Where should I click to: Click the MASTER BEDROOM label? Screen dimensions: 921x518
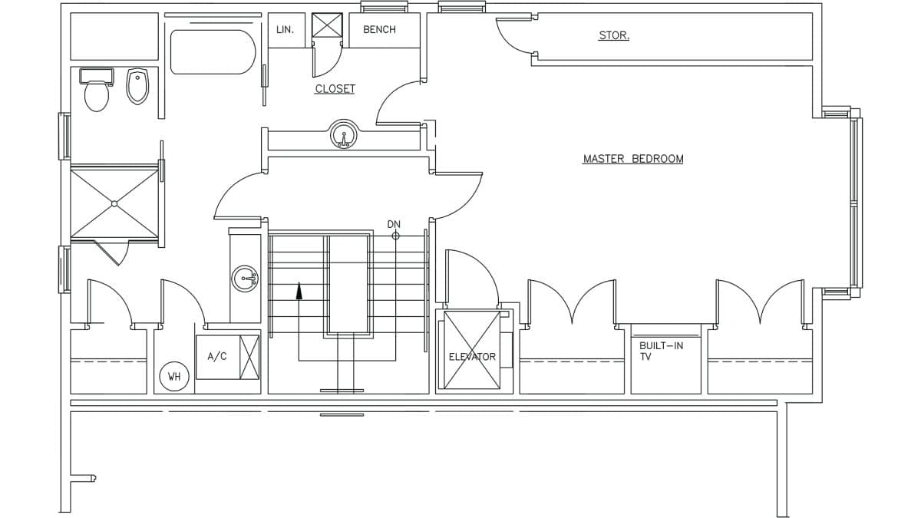[x=633, y=159]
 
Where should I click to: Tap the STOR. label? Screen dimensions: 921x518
[x=614, y=35]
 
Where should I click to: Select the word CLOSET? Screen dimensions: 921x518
[x=335, y=89]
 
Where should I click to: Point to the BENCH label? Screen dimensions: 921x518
[x=379, y=30]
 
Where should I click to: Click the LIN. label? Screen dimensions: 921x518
[x=286, y=30]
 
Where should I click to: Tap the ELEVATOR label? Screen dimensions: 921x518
[x=472, y=357]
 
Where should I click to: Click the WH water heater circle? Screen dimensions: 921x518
[x=174, y=376]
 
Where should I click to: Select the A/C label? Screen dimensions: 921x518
[x=217, y=356]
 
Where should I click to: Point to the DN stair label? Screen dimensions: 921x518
[x=394, y=224]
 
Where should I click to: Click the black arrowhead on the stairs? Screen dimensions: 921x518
[x=299, y=290]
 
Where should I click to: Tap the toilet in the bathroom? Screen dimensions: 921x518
[x=97, y=91]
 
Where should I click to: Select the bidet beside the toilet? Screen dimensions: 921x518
[x=137, y=86]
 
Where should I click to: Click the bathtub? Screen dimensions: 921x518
[x=213, y=52]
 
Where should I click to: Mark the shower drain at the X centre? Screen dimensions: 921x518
[x=114, y=203]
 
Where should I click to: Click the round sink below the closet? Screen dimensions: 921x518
[x=343, y=134]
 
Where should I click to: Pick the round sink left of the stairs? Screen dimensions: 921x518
[x=245, y=279]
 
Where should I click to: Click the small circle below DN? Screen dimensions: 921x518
[x=395, y=236]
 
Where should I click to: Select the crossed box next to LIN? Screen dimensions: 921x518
[x=327, y=25]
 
